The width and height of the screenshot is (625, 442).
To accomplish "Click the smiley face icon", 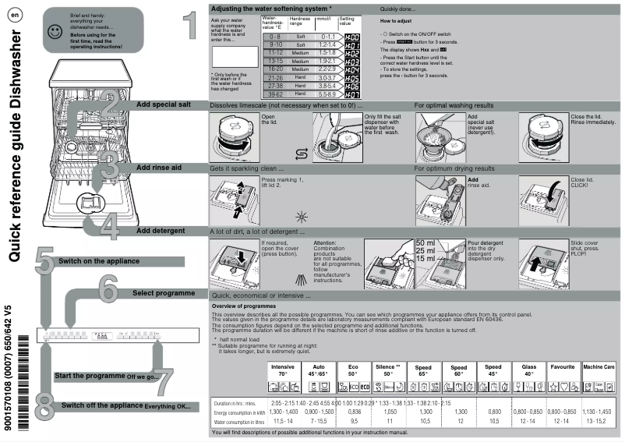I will pyautogui.click(x=53, y=31).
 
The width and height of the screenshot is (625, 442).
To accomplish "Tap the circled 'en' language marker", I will pyautogui.click(x=16, y=16).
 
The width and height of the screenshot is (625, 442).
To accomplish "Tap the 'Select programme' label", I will pyautogui.click(x=164, y=293).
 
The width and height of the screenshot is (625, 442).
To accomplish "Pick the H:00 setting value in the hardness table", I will pyautogui.click(x=351, y=37).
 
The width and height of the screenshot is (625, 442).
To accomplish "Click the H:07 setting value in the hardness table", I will pyautogui.click(x=351, y=94).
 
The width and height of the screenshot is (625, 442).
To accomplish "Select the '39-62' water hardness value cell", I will pyautogui.click(x=274, y=94).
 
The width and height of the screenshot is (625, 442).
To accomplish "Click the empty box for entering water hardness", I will pyautogui.click(x=234, y=57).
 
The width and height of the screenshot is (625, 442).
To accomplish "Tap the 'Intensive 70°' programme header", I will pyautogui.click(x=283, y=370).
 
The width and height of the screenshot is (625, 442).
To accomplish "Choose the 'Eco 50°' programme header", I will pyautogui.click(x=354, y=370).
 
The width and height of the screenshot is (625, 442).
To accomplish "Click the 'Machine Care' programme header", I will pyautogui.click(x=599, y=366).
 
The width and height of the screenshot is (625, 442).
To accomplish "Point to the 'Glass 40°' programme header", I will pyautogui.click(x=528, y=370).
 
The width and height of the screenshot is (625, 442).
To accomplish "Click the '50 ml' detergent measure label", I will pyautogui.click(x=426, y=243).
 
